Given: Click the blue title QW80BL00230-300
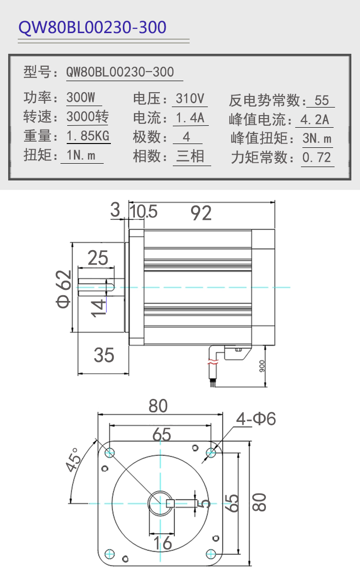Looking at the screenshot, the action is pos(92,27).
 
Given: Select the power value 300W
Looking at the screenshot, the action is pos(81,97).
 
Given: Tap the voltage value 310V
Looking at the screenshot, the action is pos(190,98).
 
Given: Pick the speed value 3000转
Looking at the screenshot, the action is pos(87,117).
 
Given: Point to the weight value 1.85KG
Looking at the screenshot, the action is pos(88,135).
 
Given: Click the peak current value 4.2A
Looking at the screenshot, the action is pos(315,120).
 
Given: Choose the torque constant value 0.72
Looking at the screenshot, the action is pos(316,157).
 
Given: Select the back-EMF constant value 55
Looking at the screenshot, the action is pos(322,100).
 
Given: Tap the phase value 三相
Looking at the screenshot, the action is pos(190,156).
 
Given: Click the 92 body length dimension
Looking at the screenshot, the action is pos(201,213).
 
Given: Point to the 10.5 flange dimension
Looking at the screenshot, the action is pos(143,211).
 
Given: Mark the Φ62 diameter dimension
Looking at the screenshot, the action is pos(63,289).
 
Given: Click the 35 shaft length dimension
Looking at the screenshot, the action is pos(104,355).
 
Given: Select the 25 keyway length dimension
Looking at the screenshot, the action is pos(98,258).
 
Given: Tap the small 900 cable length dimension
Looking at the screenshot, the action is pos(262,366).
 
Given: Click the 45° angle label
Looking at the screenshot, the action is pos(73,460).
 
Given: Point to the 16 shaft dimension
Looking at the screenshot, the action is pos(163,543).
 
